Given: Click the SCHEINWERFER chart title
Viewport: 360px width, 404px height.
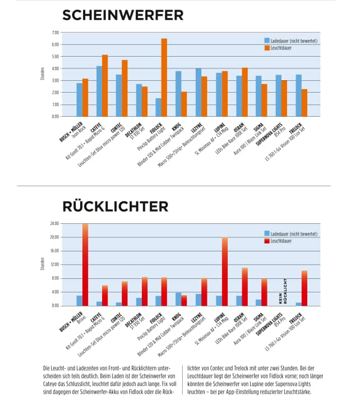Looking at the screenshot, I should [122, 15].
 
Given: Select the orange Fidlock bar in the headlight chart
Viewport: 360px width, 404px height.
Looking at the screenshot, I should [164, 77].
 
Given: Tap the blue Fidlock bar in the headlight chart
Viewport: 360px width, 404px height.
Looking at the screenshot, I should [158, 107].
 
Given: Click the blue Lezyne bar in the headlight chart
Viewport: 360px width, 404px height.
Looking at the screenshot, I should [198, 93].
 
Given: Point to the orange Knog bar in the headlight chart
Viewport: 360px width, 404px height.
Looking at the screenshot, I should [184, 104].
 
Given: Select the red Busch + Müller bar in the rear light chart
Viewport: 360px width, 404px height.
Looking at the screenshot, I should [85, 264].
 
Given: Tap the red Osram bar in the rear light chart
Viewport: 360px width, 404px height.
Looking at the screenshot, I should [244, 287].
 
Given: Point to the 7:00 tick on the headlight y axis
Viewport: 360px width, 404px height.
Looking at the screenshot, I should [55, 33].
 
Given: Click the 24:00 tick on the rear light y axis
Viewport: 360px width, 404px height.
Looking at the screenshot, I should [54, 223].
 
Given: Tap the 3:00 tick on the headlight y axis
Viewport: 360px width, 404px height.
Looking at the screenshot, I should [55, 80].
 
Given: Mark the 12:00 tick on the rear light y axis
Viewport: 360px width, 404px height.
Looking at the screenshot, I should [54, 264].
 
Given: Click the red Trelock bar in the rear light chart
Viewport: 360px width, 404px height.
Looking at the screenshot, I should [304, 288].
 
